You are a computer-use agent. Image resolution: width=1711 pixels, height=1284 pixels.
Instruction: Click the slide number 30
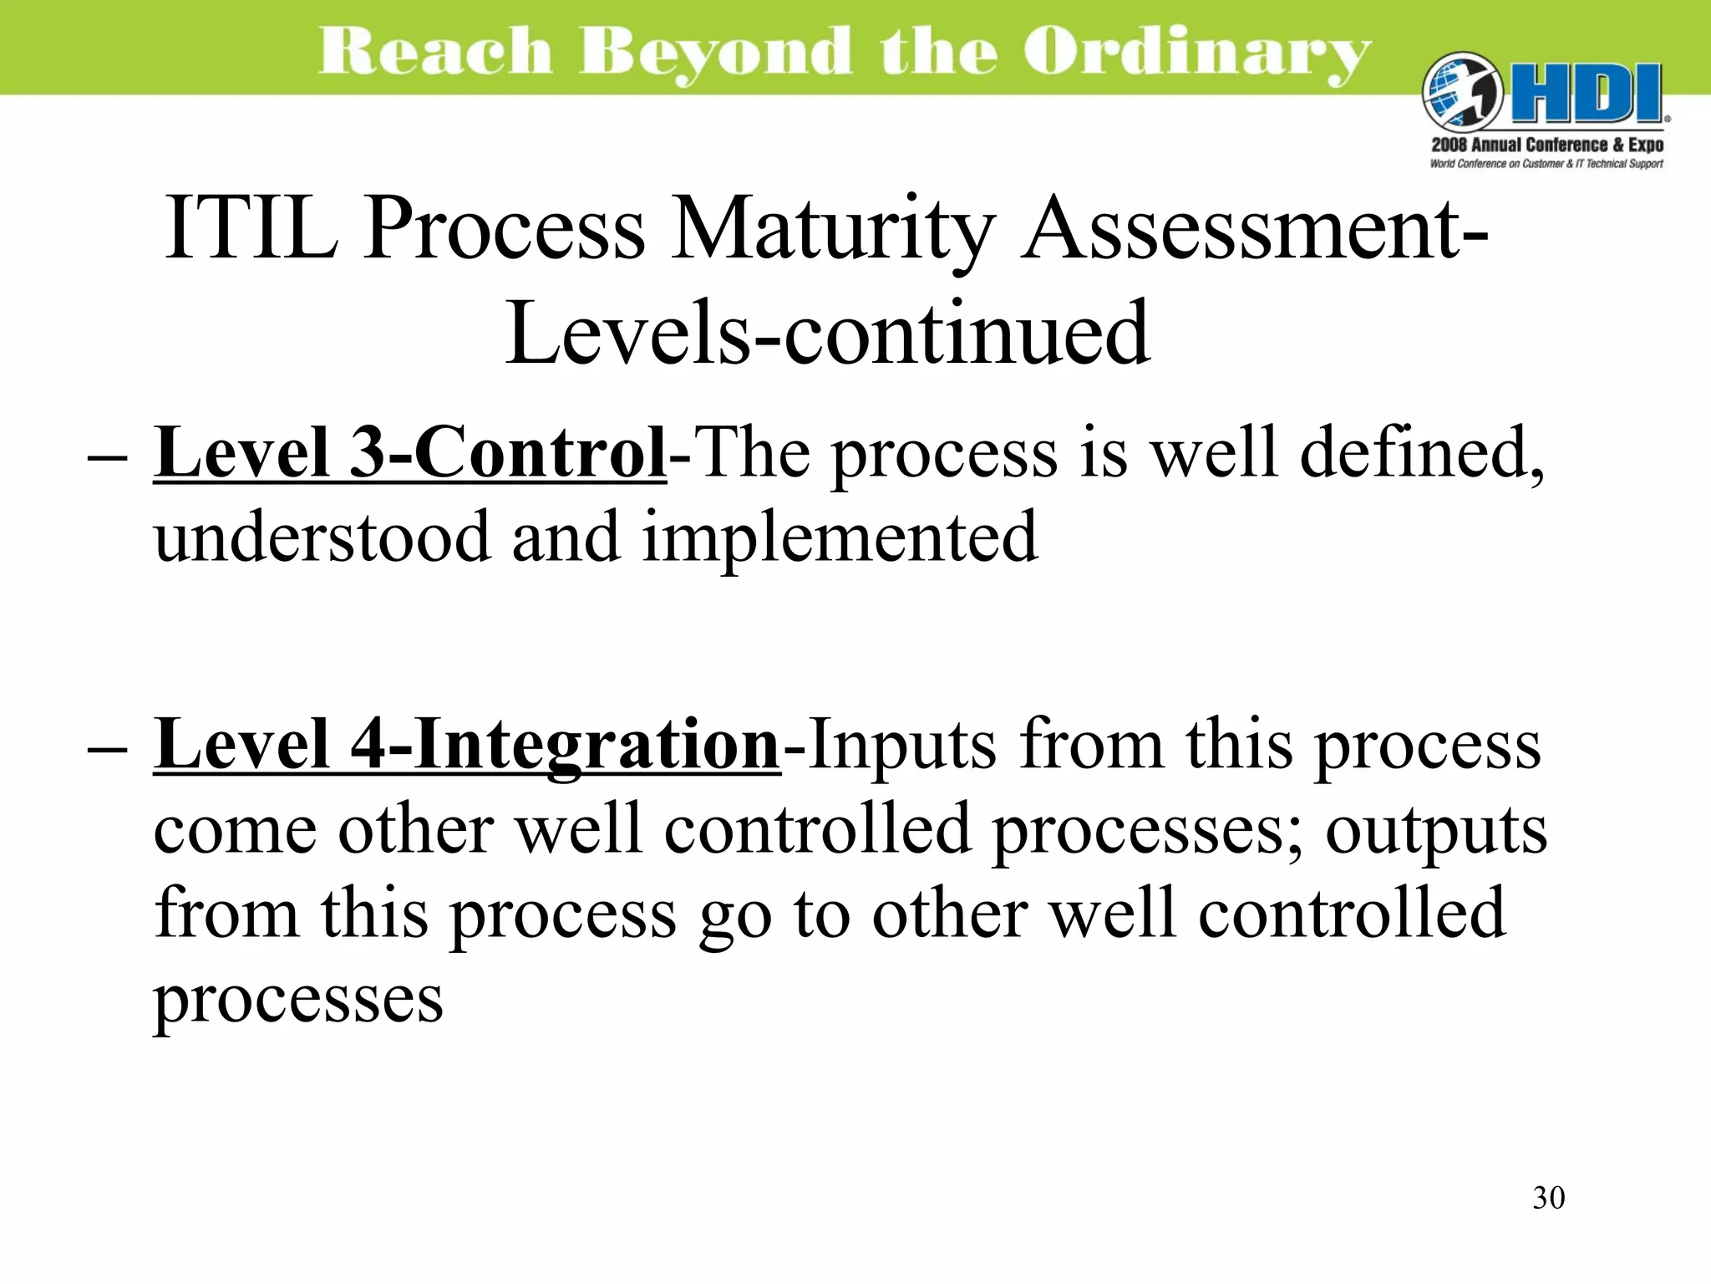[1548, 1198]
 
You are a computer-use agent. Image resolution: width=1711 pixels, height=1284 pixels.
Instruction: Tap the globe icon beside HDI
[1461, 94]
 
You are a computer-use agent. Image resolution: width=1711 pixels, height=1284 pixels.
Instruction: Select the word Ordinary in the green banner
[1196, 52]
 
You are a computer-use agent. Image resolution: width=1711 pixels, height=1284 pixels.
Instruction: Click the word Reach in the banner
[434, 52]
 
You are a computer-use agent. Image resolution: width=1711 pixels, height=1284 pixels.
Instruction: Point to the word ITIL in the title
[251, 227]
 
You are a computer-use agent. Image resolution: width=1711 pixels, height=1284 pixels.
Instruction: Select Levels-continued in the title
[827, 334]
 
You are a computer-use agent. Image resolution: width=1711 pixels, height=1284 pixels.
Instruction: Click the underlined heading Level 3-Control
[409, 453]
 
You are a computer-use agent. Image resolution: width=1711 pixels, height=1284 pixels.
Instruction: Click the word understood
[322, 537]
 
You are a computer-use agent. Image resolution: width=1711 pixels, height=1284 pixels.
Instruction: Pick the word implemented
[840, 537]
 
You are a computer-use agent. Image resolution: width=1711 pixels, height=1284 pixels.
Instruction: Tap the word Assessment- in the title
[1253, 227]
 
